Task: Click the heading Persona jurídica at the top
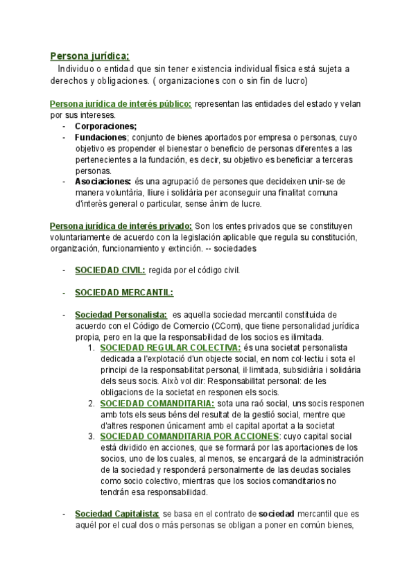tap(90, 56)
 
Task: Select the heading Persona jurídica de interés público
tap(121, 104)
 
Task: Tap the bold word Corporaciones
tap(105, 126)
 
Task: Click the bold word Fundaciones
tap(101, 137)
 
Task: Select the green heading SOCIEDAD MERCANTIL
tap(123, 292)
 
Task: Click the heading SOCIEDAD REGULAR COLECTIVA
tap(171, 347)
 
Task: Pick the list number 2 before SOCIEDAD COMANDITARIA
tap(92, 403)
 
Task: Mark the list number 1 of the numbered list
tap(92, 347)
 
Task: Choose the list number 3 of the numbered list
tap(92, 436)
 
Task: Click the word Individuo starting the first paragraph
tap(77, 70)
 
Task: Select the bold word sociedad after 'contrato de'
tap(277, 514)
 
